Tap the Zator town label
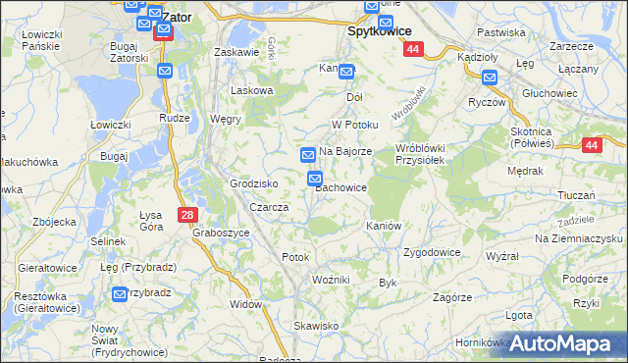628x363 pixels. pos(176,17)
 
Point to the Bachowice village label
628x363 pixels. pos(341,187)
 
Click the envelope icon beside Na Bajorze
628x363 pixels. pos(308,155)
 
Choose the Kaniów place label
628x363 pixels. pos(384,226)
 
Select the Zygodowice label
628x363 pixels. pos(432,252)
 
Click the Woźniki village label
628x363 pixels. pos(331,280)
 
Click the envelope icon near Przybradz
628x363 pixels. pos(120,293)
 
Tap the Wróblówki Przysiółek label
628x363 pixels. pos(420,154)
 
